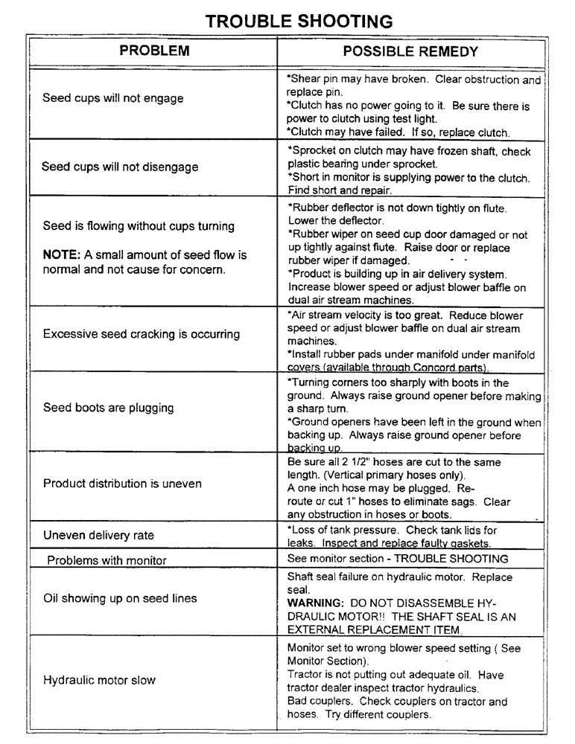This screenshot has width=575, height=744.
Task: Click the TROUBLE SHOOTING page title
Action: click(298, 21)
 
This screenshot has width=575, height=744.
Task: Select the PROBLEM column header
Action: click(154, 51)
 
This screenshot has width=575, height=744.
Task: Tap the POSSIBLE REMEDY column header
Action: click(410, 51)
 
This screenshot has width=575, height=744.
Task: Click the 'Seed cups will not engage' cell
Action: click(112, 98)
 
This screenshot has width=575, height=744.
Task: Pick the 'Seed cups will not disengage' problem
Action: click(120, 167)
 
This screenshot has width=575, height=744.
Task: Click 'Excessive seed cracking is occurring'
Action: click(142, 334)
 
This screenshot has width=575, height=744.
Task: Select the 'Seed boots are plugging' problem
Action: click(108, 408)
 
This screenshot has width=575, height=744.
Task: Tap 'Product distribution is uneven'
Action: click(122, 484)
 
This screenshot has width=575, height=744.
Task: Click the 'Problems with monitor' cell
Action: click(106, 560)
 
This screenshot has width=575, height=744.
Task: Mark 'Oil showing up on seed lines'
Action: click(120, 597)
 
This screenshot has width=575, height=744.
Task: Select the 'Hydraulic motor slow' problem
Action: click(100, 681)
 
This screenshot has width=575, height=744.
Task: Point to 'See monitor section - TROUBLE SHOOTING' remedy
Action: click(398, 559)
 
